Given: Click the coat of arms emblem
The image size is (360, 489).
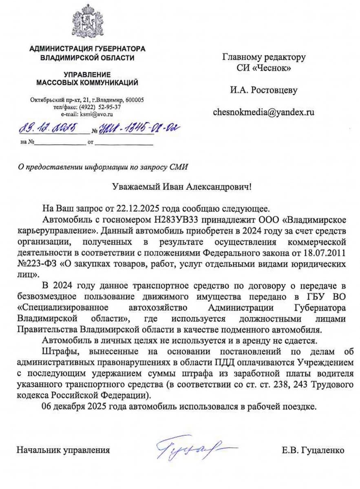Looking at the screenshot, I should point(87,21).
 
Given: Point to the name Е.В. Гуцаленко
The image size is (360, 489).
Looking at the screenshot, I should point(313,450).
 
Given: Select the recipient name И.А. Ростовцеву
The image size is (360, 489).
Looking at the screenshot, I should point(263,90).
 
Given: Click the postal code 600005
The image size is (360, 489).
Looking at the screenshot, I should point(135,100).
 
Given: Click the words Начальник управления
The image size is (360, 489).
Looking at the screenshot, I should point(63,450).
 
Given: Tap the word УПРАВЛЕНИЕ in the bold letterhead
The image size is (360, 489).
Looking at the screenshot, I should point(87,75).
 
